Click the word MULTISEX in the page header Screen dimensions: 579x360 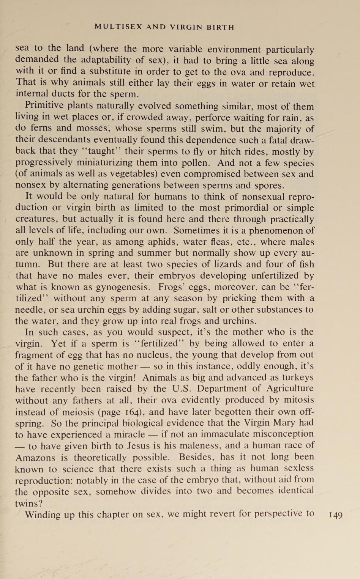point(118,27)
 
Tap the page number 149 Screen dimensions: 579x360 point(336,515)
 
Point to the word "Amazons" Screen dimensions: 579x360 point(35,458)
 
